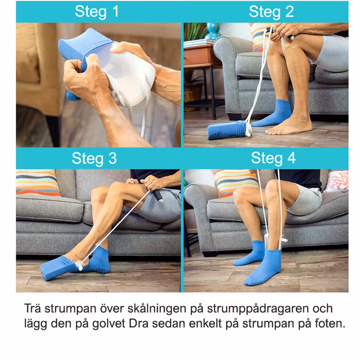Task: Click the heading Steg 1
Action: [x=96, y=12]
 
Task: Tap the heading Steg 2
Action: [x=271, y=12]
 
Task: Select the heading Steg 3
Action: [x=94, y=158]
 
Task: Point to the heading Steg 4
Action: [x=273, y=158]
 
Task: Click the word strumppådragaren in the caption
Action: [x=270, y=309]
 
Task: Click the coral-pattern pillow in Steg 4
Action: [x=337, y=181]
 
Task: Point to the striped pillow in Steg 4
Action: [x=235, y=183]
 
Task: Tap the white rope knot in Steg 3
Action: [x=81, y=267]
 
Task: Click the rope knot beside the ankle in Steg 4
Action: [x=285, y=240]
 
